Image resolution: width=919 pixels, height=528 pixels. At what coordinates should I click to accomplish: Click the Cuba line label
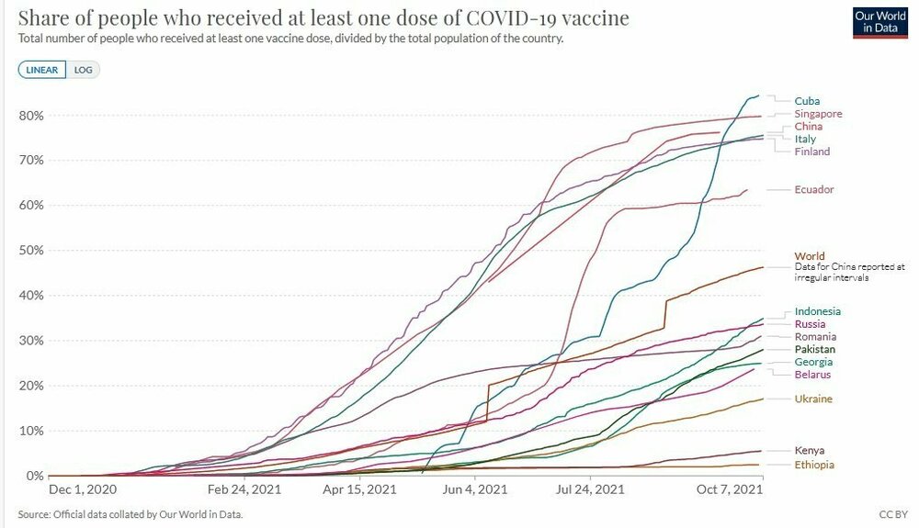click(x=807, y=101)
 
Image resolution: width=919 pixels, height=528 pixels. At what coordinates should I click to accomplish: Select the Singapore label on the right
click(x=817, y=114)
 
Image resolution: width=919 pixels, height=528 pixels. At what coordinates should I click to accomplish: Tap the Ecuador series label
click(x=814, y=190)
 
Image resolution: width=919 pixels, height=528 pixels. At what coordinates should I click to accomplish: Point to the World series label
click(x=810, y=256)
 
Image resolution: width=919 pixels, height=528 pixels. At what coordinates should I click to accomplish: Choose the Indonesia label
click(x=817, y=311)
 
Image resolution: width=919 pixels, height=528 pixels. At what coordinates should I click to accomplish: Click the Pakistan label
click(x=815, y=350)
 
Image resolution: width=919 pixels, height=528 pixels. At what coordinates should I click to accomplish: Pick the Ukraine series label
click(x=813, y=399)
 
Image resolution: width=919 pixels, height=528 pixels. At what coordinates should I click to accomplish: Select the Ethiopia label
click(x=814, y=466)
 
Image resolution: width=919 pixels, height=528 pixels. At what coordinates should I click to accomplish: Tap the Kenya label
click(x=810, y=451)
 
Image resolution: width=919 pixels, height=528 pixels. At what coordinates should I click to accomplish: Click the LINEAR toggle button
click(x=42, y=70)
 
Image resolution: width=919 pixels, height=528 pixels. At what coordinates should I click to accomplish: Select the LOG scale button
click(x=84, y=70)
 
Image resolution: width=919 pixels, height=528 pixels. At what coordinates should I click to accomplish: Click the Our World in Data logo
click(x=879, y=23)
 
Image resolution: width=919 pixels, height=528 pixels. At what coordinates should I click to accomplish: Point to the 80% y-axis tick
click(x=31, y=116)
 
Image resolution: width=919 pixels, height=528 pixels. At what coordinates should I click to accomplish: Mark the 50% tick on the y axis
click(x=31, y=251)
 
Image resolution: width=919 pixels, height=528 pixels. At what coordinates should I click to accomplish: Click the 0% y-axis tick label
click(x=34, y=476)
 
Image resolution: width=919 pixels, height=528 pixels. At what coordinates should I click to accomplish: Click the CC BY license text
click(x=891, y=514)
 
